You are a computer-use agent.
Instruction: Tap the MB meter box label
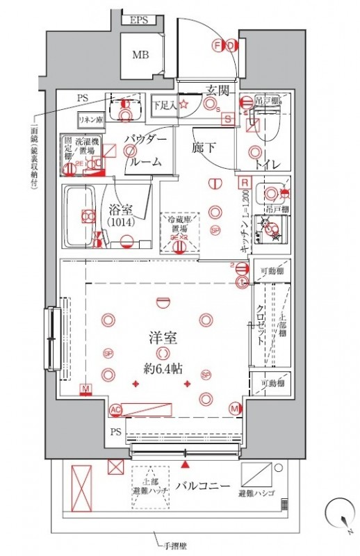pyautogui.click(x=140, y=55)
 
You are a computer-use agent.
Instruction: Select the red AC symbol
pyautogui.click(x=115, y=409)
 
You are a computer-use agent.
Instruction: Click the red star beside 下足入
pyautogui.click(x=184, y=105)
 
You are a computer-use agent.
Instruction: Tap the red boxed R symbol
pyautogui.click(x=244, y=183)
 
